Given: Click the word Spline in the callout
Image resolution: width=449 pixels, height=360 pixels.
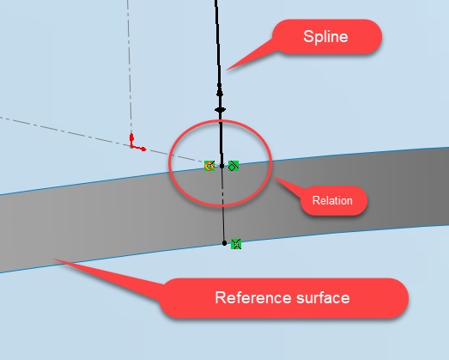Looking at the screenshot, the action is coord(325,37).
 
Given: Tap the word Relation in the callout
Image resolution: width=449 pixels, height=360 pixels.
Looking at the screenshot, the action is coord(332,200).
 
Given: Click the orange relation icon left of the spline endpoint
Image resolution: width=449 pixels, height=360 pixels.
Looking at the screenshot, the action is coord(209,166).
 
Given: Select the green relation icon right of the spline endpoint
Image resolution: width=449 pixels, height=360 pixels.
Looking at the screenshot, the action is coord(234,166).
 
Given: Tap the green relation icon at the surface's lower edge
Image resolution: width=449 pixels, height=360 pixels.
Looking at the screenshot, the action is coord(236,244).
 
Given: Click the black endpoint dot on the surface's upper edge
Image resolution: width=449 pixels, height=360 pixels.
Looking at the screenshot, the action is coord(221,166).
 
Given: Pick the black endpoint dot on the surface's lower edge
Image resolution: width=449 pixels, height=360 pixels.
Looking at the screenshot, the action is coord(225,243).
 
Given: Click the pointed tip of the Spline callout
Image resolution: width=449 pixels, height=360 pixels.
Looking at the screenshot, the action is coord(227,70).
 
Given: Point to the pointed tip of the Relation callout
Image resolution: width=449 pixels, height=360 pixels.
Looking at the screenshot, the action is coord(274,177).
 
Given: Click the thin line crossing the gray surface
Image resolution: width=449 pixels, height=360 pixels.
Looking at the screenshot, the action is coord(223,204).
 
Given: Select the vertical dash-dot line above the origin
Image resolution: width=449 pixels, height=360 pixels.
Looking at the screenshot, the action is coord(130,66).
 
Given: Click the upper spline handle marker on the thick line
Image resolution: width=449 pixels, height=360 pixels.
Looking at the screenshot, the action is coord(220,93).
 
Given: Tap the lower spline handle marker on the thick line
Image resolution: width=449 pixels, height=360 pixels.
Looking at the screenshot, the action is coord(220,110).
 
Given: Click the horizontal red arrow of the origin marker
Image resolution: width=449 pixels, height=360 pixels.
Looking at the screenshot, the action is coord(139,149).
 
